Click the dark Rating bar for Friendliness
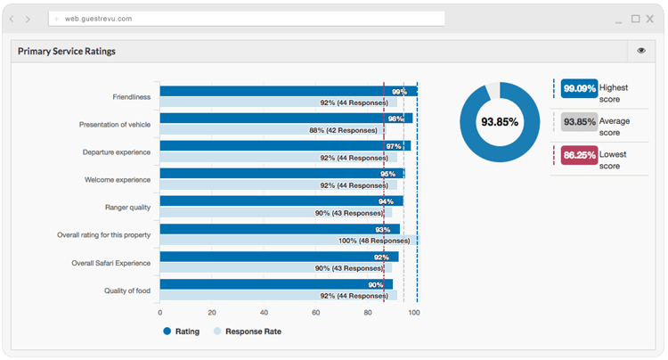(x=289, y=91)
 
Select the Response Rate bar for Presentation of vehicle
(x=273, y=130)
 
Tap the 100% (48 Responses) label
(x=374, y=241)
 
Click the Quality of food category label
(x=127, y=290)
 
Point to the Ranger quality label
(x=127, y=208)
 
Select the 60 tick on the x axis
(x=315, y=313)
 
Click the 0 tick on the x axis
(x=160, y=313)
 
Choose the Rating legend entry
(x=182, y=331)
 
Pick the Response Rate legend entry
(x=248, y=331)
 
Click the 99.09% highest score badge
(x=580, y=88)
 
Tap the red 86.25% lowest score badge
(x=580, y=155)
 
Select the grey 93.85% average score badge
(x=580, y=122)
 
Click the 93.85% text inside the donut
(x=500, y=122)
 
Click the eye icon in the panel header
(x=641, y=51)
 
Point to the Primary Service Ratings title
(x=67, y=51)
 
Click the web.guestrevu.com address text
(x=98, y=19)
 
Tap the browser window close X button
(x=649, y=19)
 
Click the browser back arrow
(x=12, y=20)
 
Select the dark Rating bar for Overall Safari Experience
(x=280, y=257)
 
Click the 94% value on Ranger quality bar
(x=386, y=201)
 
